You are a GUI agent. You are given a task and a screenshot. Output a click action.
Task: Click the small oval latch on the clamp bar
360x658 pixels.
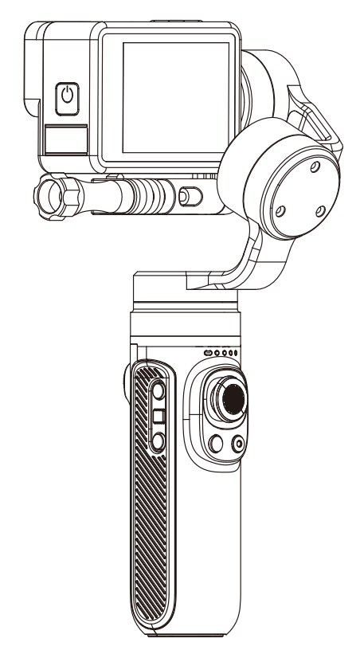click(x=187, y=194)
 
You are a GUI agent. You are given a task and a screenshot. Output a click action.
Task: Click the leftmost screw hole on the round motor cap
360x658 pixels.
click(x=280, y=212)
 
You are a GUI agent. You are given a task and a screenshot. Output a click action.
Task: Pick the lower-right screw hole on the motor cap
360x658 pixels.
click(x=319, y=210)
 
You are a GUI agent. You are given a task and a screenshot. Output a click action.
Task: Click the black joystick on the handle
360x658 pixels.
click(x=232, y=396)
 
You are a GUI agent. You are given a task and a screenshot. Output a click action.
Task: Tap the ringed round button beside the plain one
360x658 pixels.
click(x=238, y=445)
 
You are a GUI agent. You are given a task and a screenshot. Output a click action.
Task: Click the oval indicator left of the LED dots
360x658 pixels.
click(x=209, y=352)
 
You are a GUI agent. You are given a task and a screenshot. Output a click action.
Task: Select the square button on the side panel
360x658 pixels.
click(x=158, y=415)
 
